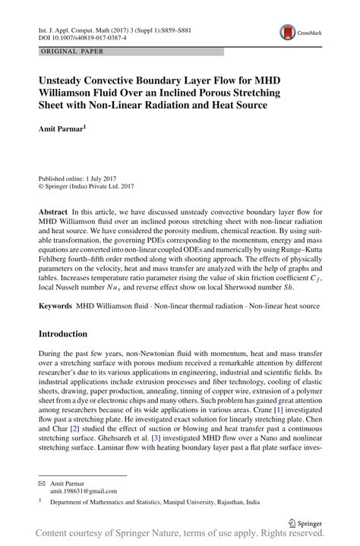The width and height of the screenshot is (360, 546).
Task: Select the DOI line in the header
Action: coord(78,36)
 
